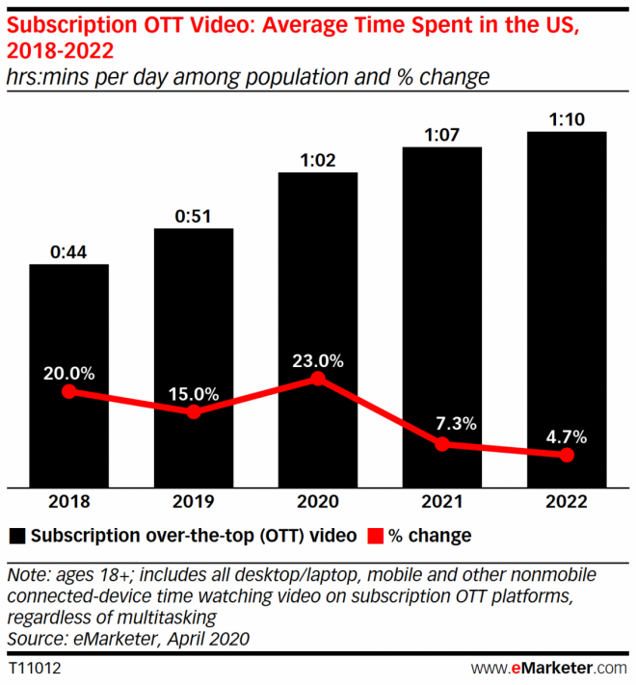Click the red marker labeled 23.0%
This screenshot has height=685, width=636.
pos(317,380)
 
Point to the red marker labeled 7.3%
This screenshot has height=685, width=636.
pos(441,444)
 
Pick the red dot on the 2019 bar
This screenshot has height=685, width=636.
pos(193,411)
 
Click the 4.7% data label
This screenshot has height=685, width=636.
pos(566,435)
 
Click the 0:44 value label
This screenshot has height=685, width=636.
pos(68,252)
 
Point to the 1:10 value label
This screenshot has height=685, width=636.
pos(566,120)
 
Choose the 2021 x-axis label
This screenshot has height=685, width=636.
pos(441,502)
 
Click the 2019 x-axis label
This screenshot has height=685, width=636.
pos(193,502)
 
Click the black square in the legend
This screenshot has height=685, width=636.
pos(16,535)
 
